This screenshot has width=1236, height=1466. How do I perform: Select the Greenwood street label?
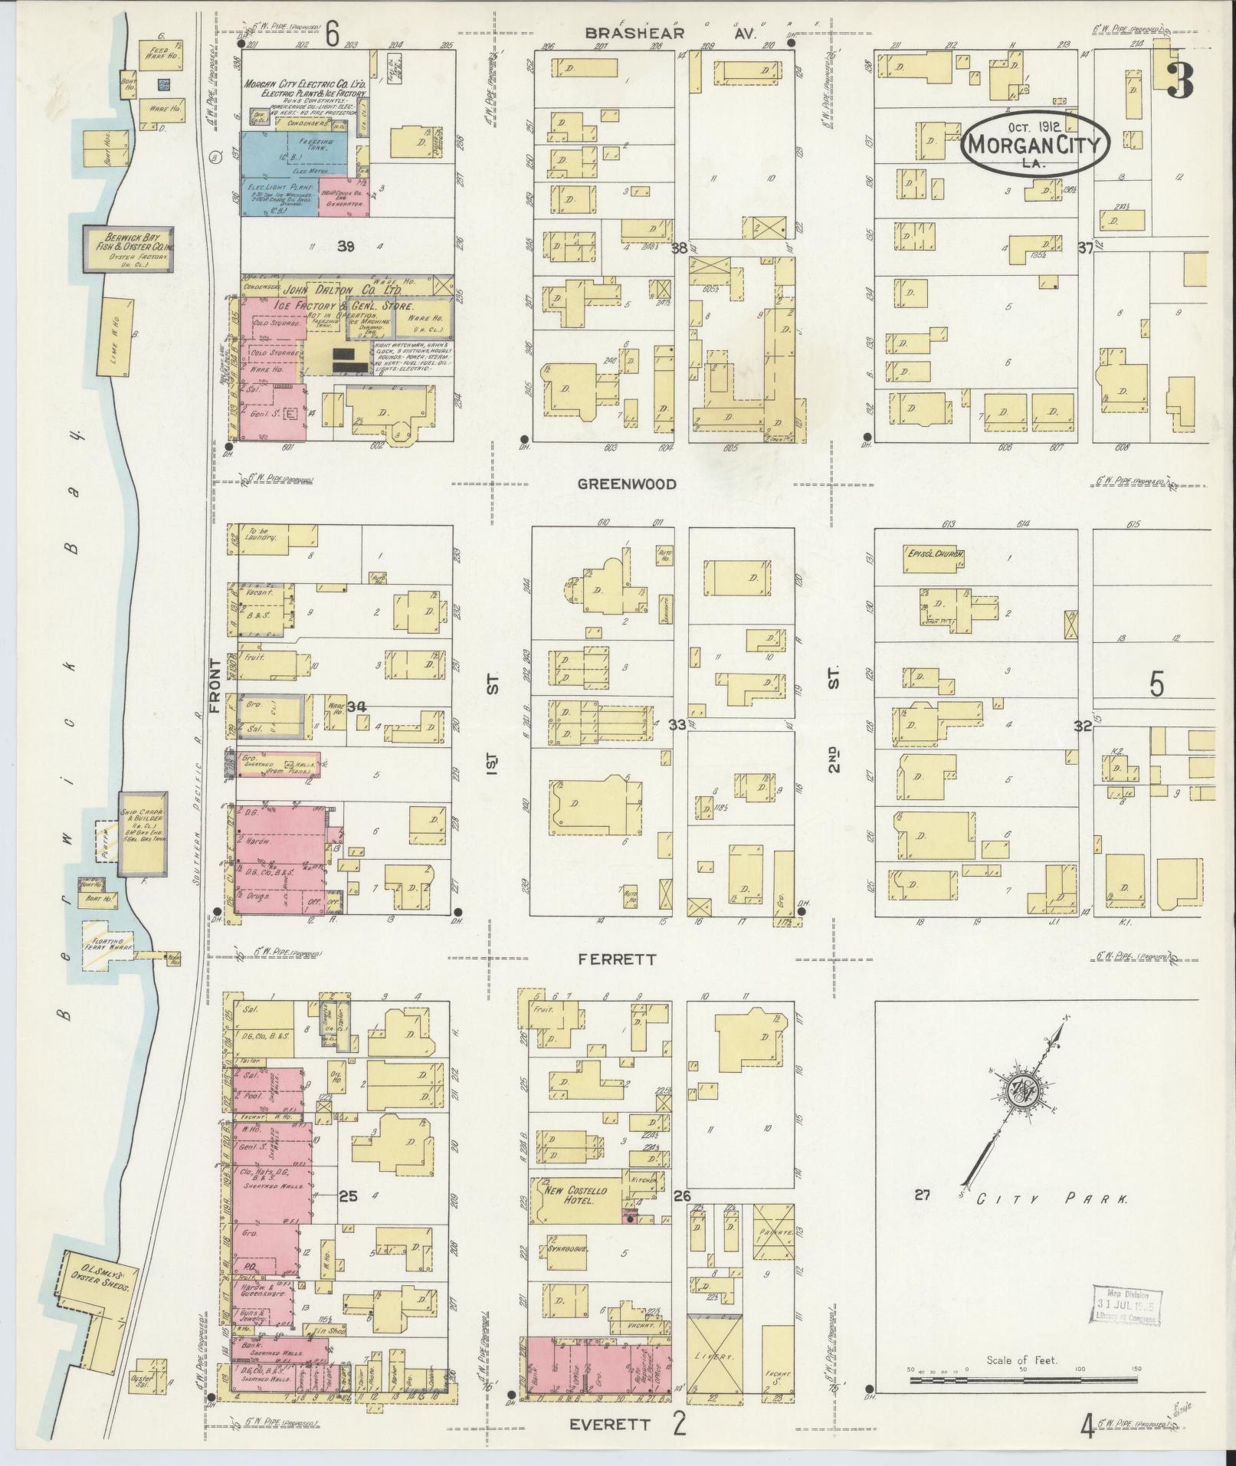point(627,484)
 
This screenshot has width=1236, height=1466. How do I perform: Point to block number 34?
point(356,705)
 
